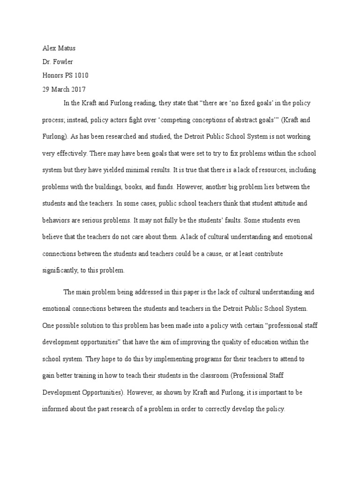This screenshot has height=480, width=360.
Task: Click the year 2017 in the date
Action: pyautogui.click(x=78, y=89)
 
